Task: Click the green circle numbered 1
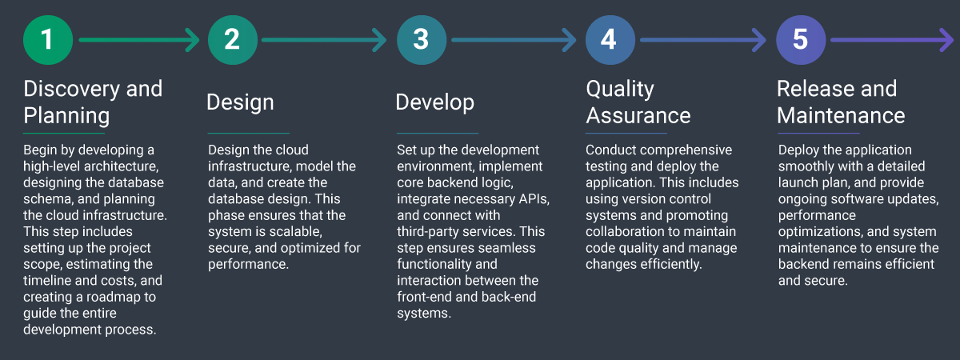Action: click(48, 39)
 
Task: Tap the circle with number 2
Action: click(232, 39)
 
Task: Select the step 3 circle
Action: click(421, 39)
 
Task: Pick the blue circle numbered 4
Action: click(610, 39)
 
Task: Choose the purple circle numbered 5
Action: click(801, 39)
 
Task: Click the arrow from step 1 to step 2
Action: click(139, 39)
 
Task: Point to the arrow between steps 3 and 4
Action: click(512, 39)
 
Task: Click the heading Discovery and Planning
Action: click(93, 102)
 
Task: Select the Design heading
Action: click(240, 102)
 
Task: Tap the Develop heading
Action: click(434, 102)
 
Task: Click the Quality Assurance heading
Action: click(638, 102)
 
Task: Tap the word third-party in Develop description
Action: click(432, 231)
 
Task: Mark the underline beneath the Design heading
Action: click(248, 133)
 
